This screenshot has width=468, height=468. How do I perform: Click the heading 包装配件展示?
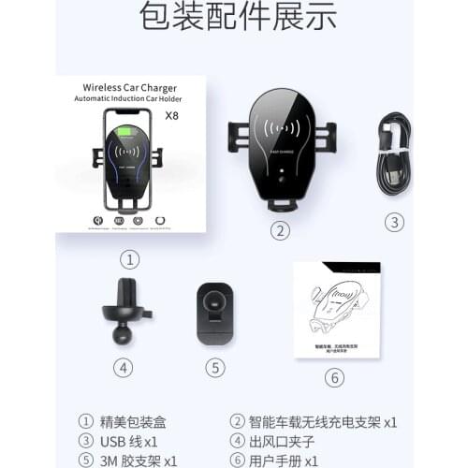click(234, 17)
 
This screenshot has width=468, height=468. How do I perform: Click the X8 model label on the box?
click(171, 116)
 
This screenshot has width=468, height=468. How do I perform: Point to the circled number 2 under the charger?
click(279, 230)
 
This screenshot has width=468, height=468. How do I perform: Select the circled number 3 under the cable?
click(395, 222)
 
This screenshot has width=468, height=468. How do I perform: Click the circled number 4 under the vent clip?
click(123, 368)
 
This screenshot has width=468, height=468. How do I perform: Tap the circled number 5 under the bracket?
click(216, 368)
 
